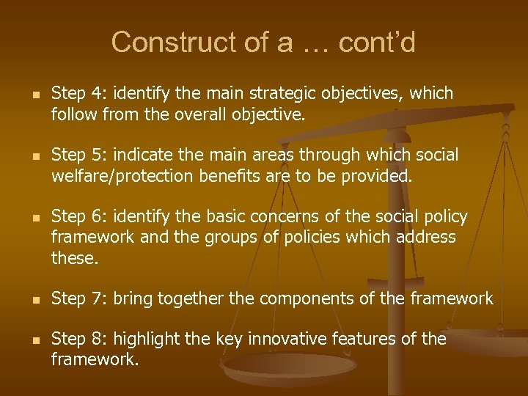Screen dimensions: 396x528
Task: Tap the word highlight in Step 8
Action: click(x=136, y=339)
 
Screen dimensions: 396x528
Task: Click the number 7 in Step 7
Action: click(x=92, y=298)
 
